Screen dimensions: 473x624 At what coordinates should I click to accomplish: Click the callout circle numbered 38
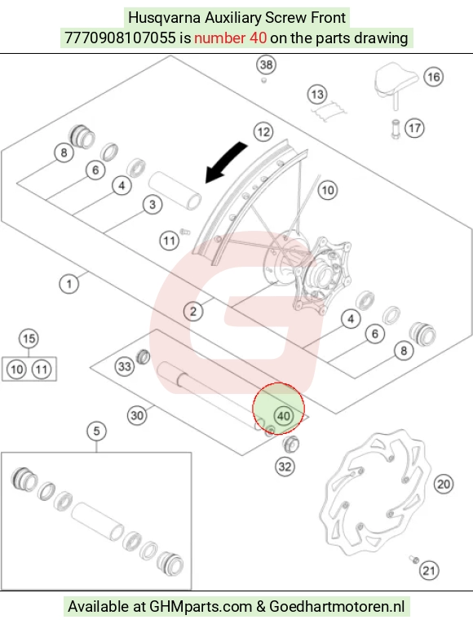tap(266, 64)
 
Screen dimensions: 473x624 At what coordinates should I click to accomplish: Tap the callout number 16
tap(433, 77)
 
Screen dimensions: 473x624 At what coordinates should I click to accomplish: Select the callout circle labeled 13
tap(317, 95)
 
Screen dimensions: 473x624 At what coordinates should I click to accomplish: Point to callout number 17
tap(414, 128)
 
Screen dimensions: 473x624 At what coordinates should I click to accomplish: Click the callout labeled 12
tap(263, 131)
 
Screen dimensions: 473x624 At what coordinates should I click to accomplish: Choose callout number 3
tap(153, 205)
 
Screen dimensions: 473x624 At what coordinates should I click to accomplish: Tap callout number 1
tap(69, 284)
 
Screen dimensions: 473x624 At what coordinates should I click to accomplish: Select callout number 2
tap(193, 312)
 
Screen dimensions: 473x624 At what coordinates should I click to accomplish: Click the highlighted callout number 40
tap(283, 416)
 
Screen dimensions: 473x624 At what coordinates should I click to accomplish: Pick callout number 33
tap(125, 366)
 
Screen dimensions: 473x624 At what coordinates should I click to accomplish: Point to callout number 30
tap(137, 415)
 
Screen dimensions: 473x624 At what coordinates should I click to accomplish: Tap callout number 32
tap(285, 467)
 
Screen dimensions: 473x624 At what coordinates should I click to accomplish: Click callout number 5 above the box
tap(97, 431)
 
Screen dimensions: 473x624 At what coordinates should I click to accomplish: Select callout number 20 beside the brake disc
tap(444, 484)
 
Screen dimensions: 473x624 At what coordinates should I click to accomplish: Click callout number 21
tap(429, 571)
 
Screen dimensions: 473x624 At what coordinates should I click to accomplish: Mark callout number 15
tap(29, 339)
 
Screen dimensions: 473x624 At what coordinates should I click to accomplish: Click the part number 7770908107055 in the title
tap(120, 38)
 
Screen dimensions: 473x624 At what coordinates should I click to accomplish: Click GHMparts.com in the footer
tap(201, 607)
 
